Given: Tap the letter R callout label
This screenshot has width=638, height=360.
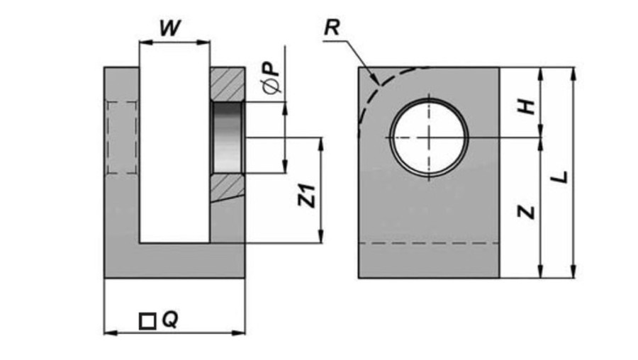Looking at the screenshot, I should [331, 28].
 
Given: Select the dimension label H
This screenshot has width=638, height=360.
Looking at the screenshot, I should [525, 106].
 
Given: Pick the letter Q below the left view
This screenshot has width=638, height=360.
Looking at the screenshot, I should [169, 320].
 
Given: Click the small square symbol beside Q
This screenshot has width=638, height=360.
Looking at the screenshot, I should [147, 321].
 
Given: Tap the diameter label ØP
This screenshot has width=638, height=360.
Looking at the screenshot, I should [272, 78].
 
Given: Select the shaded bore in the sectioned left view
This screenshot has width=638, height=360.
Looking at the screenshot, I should [228, 138].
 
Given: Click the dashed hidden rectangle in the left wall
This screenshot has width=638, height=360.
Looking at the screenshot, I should [121, 137].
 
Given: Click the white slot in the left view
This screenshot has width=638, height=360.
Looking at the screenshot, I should [174, 142].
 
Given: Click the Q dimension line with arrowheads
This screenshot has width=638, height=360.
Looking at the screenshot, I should [174, 332].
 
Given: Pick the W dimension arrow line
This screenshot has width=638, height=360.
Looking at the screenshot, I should [174, 43].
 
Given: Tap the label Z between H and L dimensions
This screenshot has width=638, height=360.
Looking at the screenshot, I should [525, 210].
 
